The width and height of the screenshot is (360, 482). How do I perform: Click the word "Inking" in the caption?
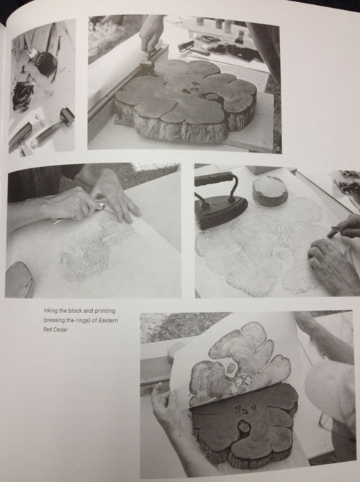pos(50,311)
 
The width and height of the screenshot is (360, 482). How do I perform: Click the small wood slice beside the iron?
pos(270,190)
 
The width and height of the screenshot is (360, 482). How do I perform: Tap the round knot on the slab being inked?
pos(212,97)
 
